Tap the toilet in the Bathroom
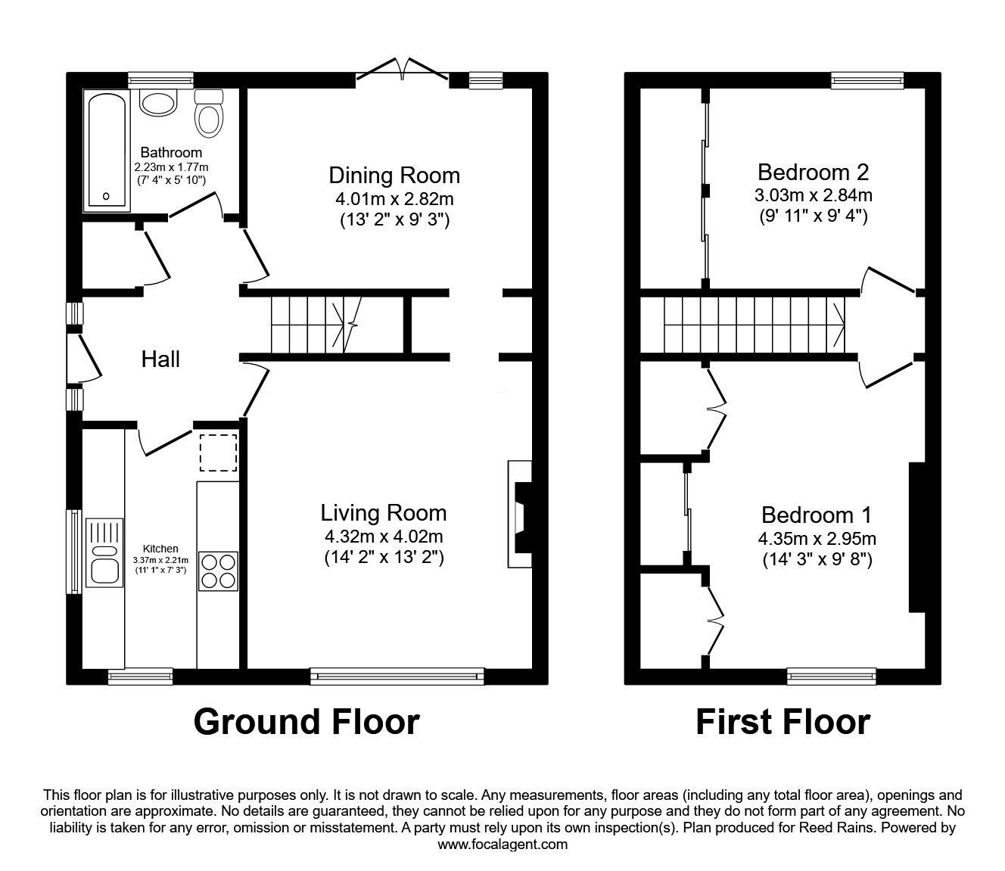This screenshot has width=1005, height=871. pos(210,114)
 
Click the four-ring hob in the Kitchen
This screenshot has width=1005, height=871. pos(218,571)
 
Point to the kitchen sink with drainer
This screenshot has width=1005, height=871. pos(104,552)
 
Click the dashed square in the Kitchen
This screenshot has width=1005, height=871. pos(218,452)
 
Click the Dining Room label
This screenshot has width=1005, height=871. pos(394,176)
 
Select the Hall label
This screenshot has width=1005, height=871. pos(160,359)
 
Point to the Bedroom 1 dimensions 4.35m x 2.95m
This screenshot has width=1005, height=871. pos(817,539)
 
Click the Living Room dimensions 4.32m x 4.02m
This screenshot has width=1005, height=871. pos(384,537)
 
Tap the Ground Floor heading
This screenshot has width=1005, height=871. pos(306,722)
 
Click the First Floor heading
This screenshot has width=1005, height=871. pos(783,722)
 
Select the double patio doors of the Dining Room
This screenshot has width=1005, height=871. pos(403,70)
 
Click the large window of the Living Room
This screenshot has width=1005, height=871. pos(397,676)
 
